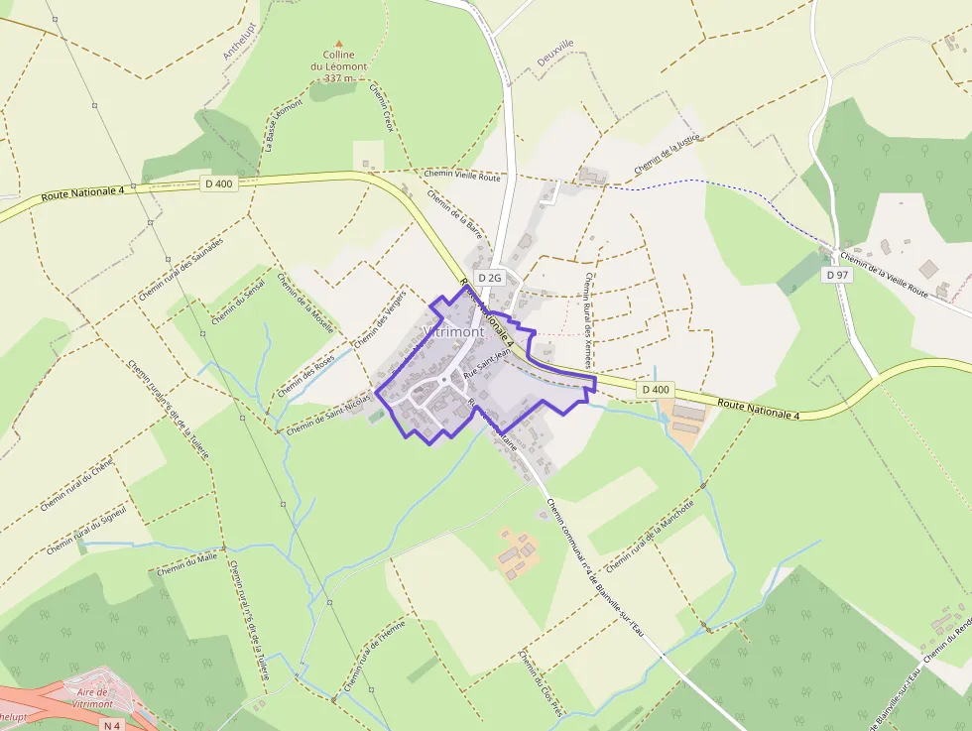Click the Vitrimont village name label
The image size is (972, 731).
pyautogui.click(x=453, y=331)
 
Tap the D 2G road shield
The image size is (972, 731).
pyautogui.click(x=489, y=278)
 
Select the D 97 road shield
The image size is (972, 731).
pyautogui.click(x=838, y=275)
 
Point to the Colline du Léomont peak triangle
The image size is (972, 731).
pyautogui.click(x=338, y=44)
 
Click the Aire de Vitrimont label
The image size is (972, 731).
pyautogui.click(x=91, y=697)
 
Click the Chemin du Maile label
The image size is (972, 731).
pyautogui.click(x=186, y=564)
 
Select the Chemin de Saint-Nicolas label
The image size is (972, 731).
pyautogui.click(x=328, y=416)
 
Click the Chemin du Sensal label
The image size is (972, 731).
pyautogui.click(x=238, y=304)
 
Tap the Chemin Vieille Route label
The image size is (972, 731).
pyautogui.click(x=462, y=176)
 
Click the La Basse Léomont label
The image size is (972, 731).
pyautogui.click(x=283, y=125)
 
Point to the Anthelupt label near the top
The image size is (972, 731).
pyautogui.click(x=240, y=42)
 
